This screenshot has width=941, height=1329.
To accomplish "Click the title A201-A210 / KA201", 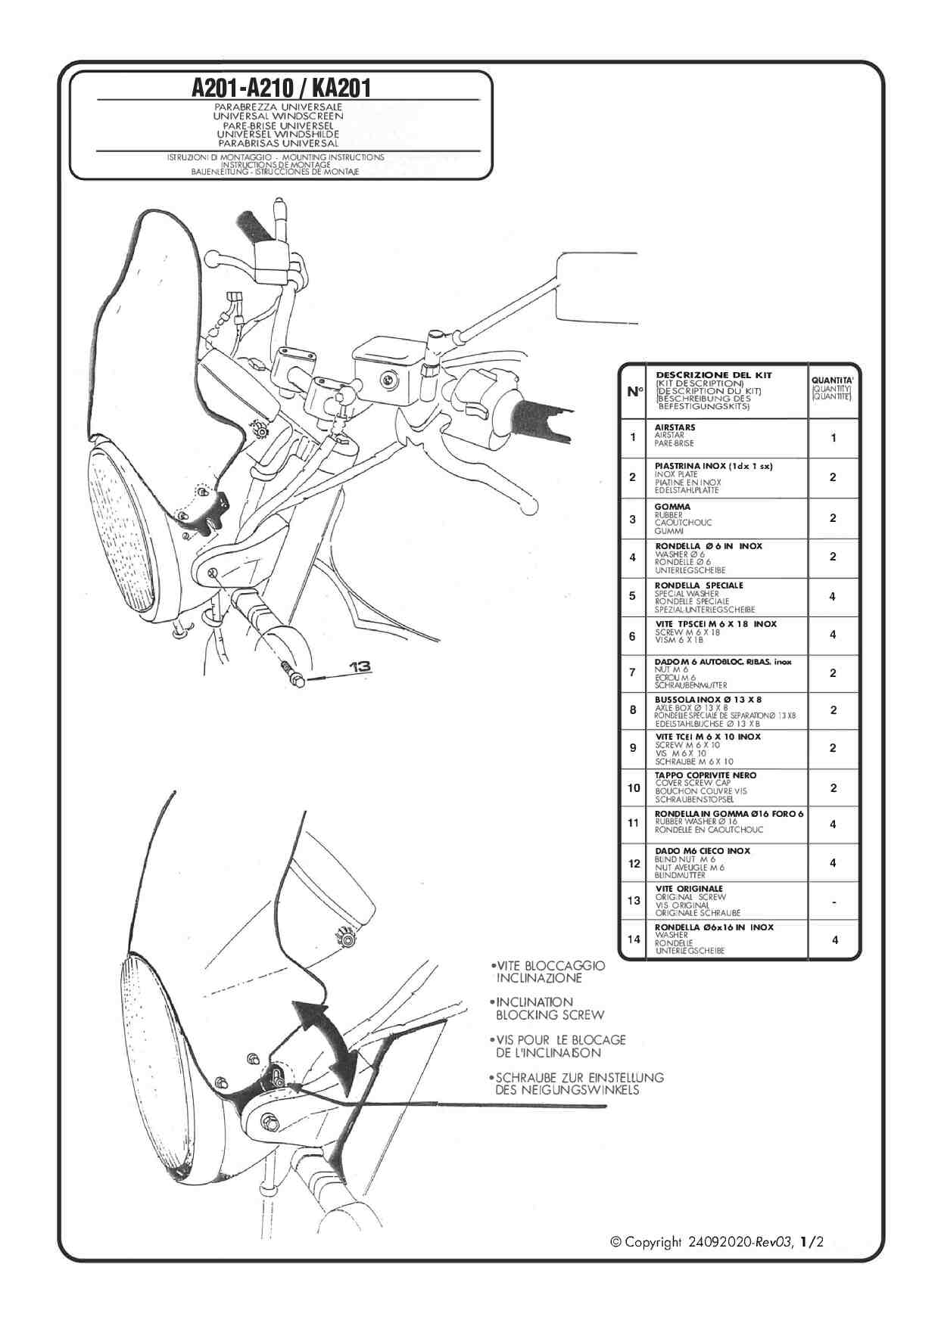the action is point(281,88).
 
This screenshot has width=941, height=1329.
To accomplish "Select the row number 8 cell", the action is point(633,710).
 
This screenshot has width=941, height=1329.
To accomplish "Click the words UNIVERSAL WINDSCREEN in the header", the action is point(278,116).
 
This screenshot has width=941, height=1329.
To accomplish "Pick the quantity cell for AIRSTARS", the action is point(834,438).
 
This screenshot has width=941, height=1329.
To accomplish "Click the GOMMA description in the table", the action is point(683,519).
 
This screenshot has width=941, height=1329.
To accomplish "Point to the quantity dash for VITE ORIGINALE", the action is point(834,902).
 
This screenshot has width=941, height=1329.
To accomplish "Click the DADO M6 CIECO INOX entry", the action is point(703,863).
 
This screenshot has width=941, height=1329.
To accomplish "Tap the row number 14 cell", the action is point(634,939).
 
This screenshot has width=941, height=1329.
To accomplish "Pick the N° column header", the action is point(634,391).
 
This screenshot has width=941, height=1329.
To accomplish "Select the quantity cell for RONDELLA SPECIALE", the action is point(834,596).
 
